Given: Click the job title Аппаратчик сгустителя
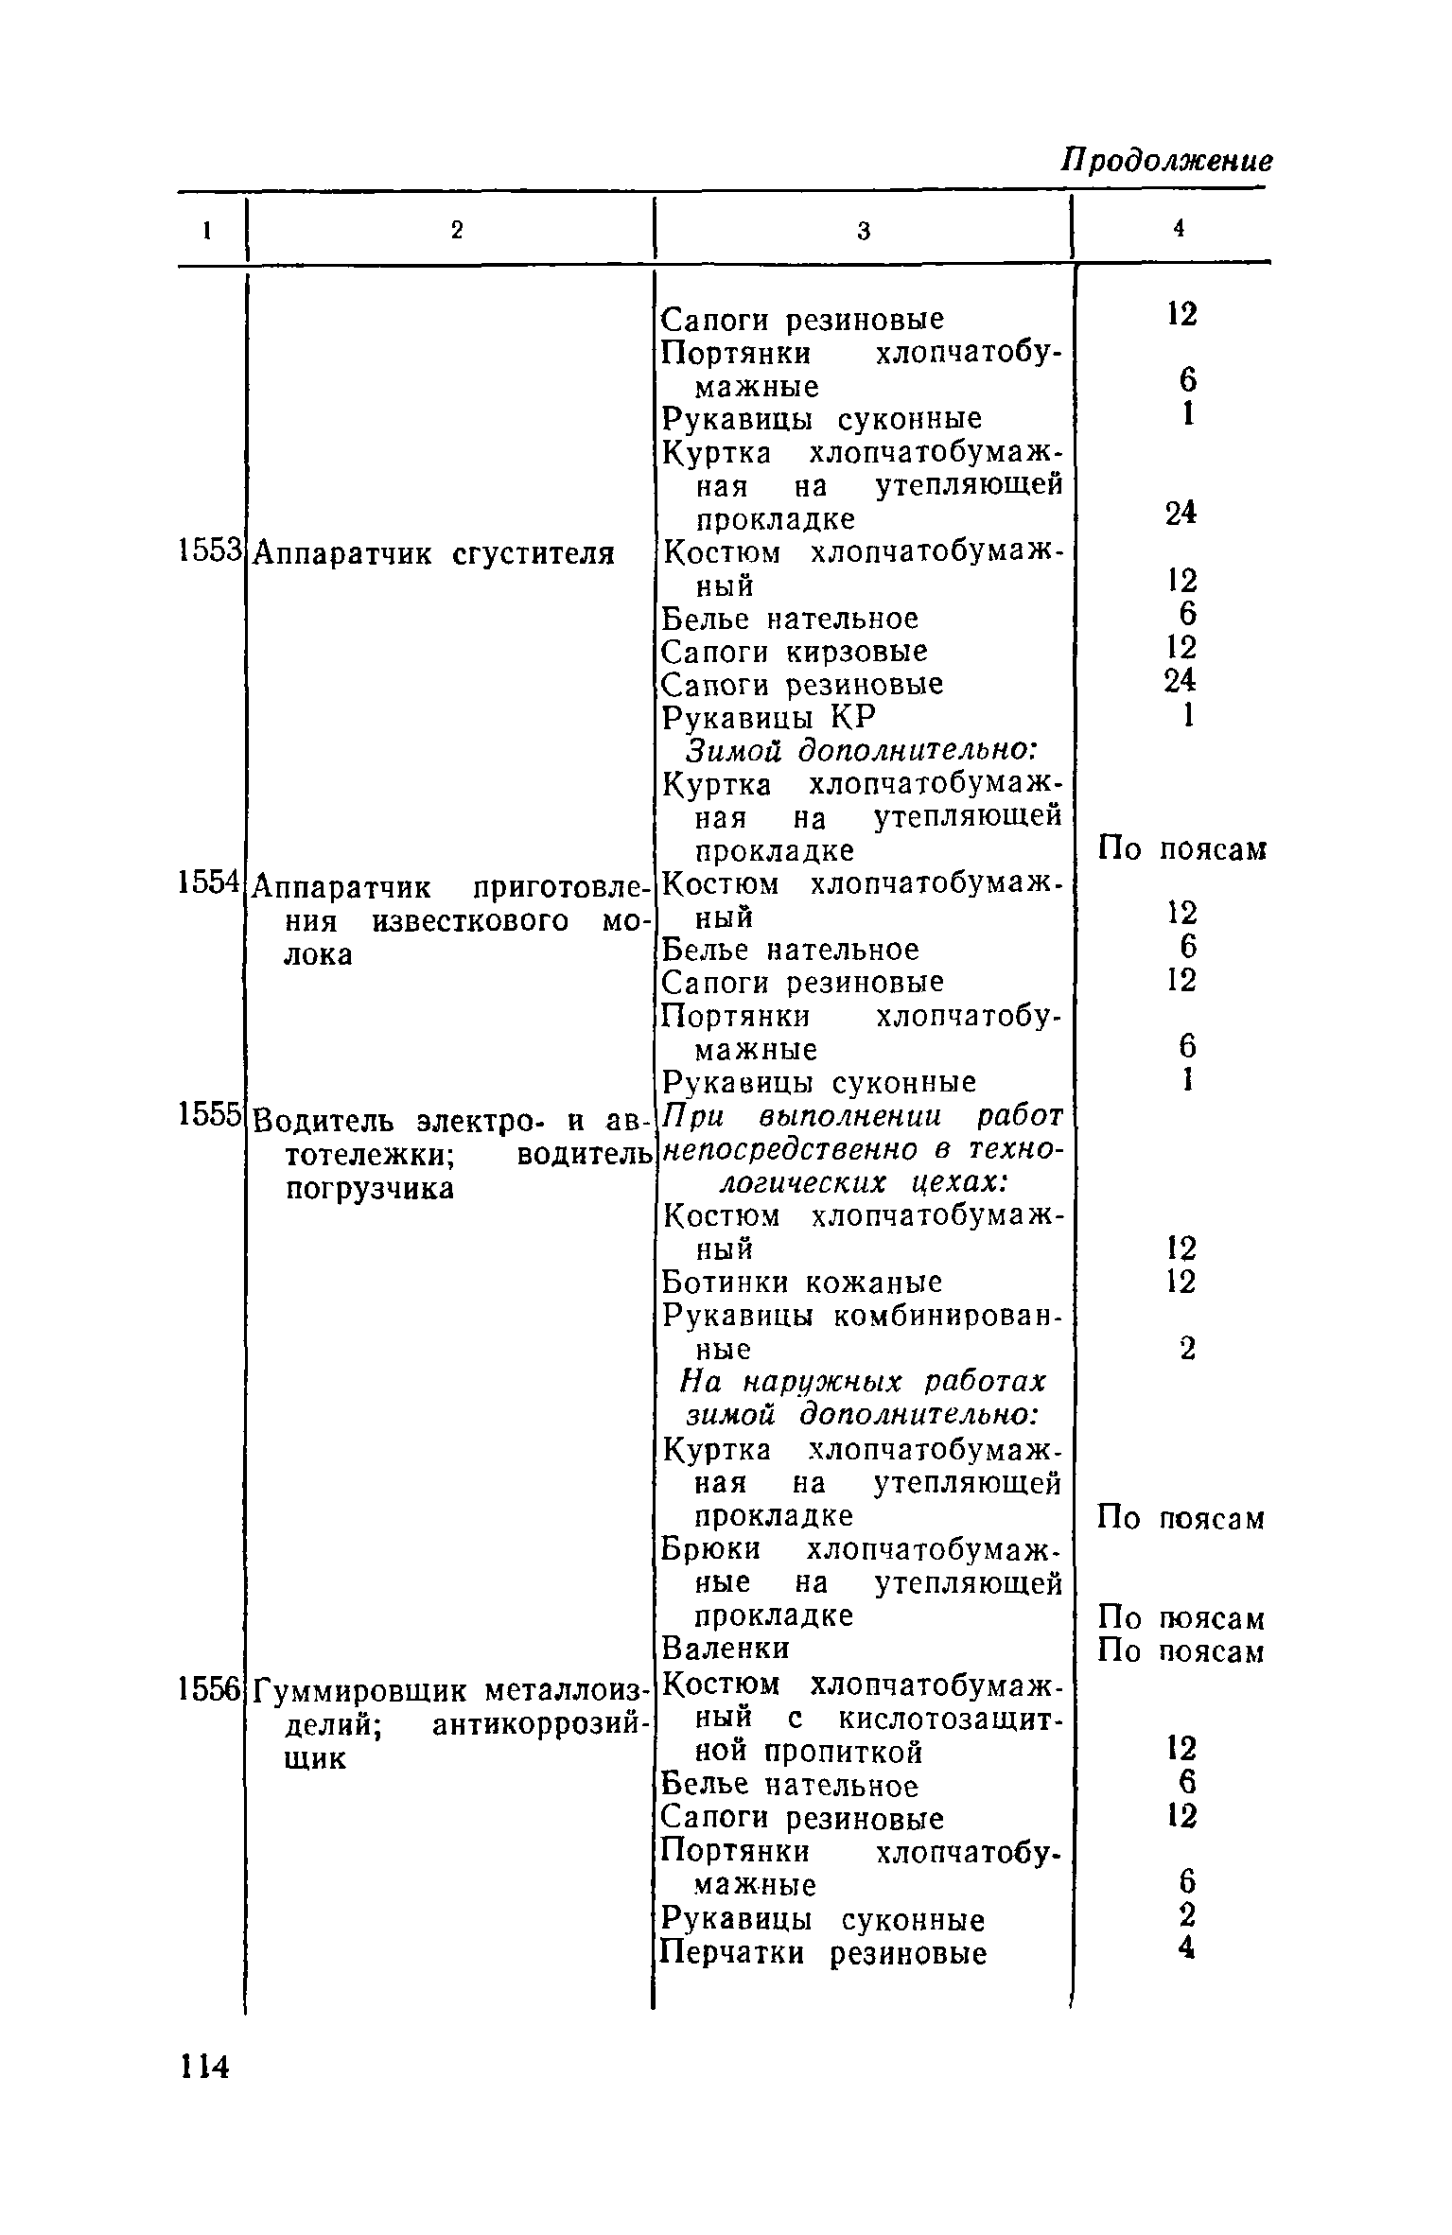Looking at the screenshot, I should point(435,553).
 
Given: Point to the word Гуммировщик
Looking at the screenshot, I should point(363,1688).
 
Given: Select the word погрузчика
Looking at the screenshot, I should point(369,1188).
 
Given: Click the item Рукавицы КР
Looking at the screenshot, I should point(768,718).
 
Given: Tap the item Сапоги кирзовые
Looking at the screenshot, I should point(794,652).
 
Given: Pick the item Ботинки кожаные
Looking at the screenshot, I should point(801,1283).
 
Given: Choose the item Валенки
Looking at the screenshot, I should point(726,1649).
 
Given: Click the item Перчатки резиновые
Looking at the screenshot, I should point(823,1953).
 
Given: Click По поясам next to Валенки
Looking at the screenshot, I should point(1181,1651).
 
